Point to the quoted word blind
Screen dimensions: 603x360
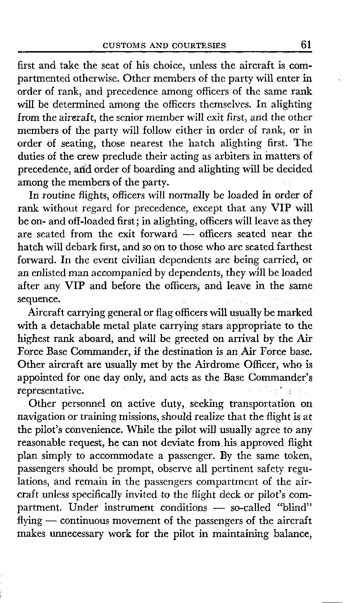coord(295,508)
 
